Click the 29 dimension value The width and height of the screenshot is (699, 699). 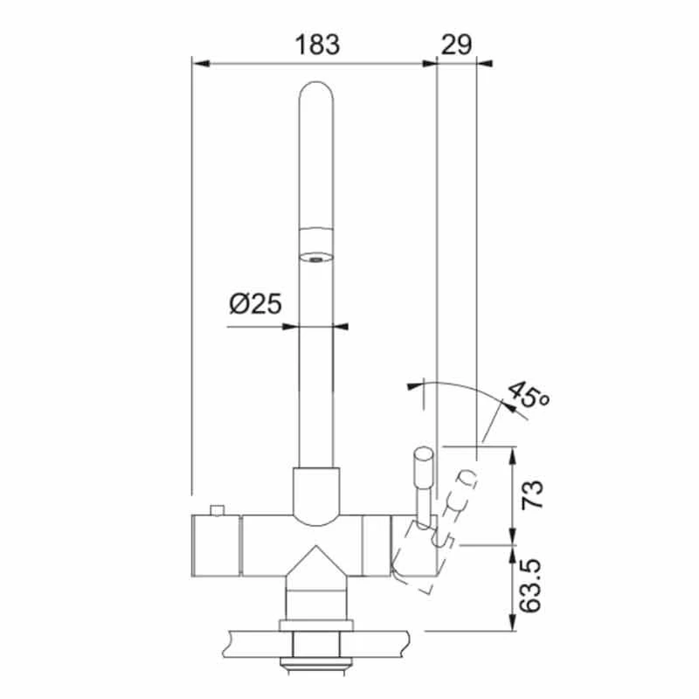coord(456,44)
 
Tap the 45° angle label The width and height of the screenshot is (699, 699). coord(528,398)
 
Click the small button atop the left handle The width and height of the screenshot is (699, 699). coord(216,509)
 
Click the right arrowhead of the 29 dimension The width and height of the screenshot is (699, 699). coord(484,63)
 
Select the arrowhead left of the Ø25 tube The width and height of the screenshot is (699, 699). coord(290,328)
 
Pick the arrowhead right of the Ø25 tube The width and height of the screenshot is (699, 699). coord(341,328)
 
